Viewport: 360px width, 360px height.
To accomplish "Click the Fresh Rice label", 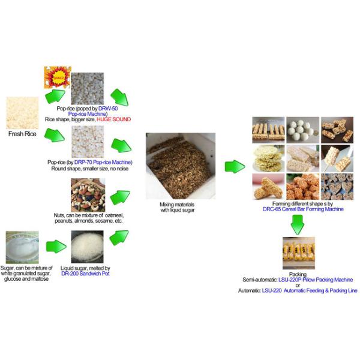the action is pos(22,134).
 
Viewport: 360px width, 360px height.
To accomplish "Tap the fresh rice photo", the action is pos(22,113).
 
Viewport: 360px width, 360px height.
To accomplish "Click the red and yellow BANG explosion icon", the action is pos(58,77).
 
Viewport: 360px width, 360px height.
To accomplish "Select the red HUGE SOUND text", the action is pos(113,119).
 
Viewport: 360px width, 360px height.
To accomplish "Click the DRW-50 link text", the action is pos(108,109).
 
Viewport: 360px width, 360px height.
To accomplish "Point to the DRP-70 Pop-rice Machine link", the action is pos(103,163).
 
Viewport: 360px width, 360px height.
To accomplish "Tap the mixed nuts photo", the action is pos(88,195).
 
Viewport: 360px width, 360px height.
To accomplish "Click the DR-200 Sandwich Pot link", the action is pos(85,274).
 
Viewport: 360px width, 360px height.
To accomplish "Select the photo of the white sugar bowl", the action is pos(22,247).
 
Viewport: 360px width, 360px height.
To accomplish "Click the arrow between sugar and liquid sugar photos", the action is pos(56,247).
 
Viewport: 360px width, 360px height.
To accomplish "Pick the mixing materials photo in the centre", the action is pos(181,166).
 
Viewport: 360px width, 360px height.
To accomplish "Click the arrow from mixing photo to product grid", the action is pos(235,166).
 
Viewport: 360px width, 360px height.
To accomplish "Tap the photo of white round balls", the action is pos(303,130).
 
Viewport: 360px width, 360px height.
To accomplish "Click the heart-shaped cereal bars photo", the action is pos(337,187).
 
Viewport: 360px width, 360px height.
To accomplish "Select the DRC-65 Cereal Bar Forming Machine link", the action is pos(303,209).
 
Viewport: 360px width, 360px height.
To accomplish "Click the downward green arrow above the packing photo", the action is pos(298,224).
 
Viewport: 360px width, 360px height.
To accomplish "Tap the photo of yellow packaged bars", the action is pos(299,253).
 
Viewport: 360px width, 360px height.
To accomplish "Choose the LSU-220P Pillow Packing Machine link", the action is pos(316,280).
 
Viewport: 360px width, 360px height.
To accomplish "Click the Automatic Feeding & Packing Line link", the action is pos(320,290).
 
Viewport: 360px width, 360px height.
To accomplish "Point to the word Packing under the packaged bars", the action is pos(298,274).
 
